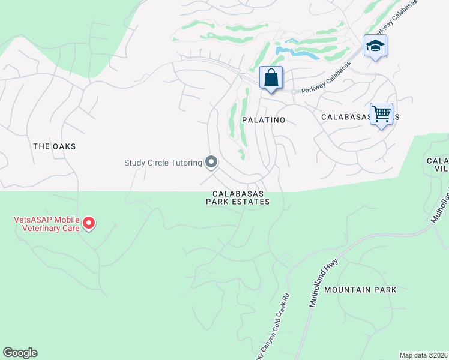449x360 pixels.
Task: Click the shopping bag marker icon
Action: (271, 78)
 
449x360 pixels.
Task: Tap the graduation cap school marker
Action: (375, 46)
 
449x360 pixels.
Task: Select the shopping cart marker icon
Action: (382, 113)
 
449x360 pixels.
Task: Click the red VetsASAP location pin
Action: (89, 223)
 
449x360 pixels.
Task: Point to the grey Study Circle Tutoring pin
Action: (211, 162)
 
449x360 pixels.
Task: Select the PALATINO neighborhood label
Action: (263, 120)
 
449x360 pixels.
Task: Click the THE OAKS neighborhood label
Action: (55, 146)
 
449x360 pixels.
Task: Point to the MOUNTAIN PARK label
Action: (360, 290)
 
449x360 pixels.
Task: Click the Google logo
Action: (20, 353)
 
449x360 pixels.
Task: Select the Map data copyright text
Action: (424, 355)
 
